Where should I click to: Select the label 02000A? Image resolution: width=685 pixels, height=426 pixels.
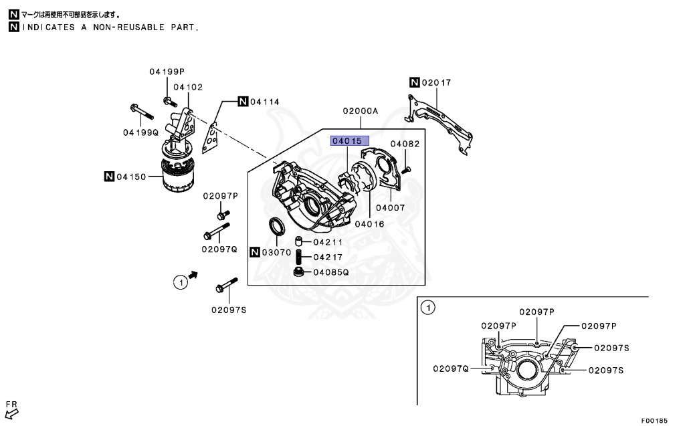pos(361,110)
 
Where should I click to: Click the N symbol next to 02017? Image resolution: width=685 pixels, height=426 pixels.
pos(414,83)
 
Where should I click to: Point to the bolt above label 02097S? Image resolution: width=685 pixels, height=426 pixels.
pos(226,286)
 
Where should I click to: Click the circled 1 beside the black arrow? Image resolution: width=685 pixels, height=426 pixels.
pos(179,283)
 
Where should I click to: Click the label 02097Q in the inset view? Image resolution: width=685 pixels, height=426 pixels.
pos(451,368)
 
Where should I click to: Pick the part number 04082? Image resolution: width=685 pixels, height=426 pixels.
pos(405,144)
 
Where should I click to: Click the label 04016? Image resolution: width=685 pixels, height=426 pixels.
pos(369,224)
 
